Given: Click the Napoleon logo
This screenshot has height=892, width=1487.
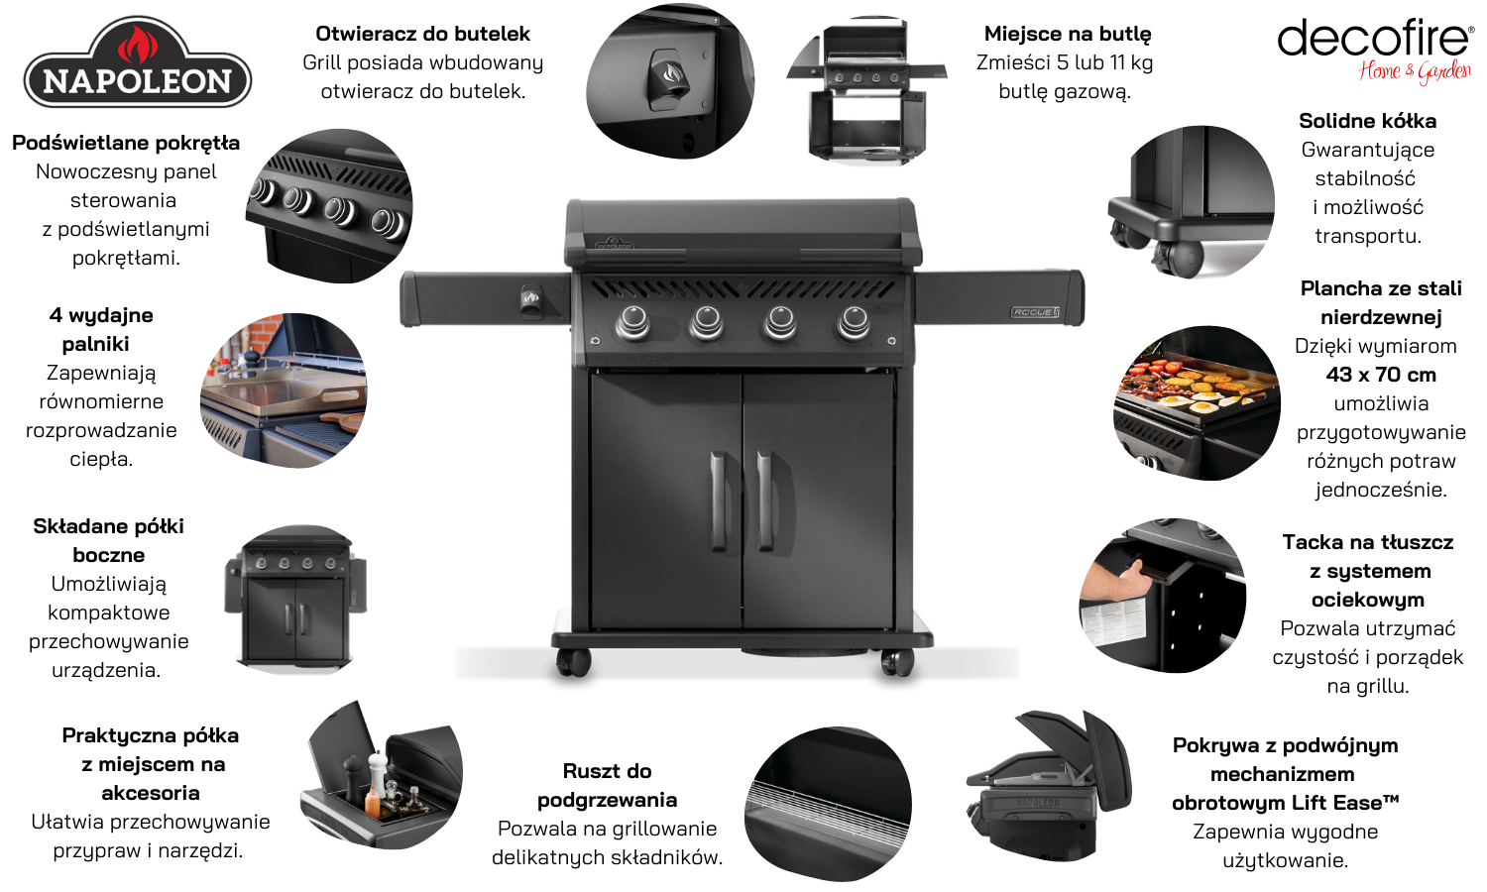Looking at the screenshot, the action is click(138, 63).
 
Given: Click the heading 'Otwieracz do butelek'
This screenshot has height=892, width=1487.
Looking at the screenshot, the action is click(423, 33).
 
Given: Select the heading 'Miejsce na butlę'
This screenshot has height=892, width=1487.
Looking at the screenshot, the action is click(1068, 33).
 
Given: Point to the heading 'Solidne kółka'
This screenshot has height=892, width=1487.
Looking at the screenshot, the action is click(1367, 121).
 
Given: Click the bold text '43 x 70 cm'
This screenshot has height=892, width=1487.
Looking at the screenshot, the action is click(1381, 375).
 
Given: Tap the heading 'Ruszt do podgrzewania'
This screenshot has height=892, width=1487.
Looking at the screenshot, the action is click(607, 785).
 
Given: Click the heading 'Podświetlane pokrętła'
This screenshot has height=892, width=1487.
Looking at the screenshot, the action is click(126, 143).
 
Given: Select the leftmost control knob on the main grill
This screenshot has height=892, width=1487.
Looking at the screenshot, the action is click(632, 322).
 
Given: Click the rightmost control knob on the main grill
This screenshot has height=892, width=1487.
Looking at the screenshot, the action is click(854, 322).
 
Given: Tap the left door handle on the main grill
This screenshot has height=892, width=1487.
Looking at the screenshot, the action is click(719, 502).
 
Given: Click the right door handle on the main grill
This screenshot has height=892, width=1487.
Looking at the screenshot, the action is click(764, 502).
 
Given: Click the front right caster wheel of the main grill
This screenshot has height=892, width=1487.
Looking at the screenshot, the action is click(897, 662).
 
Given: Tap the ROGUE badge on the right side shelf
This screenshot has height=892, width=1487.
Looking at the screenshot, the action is click(1035, 312).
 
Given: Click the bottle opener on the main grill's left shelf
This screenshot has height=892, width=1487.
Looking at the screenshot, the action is click(531, 298).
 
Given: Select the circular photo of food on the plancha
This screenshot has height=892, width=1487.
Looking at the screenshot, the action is click(1197, 402).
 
